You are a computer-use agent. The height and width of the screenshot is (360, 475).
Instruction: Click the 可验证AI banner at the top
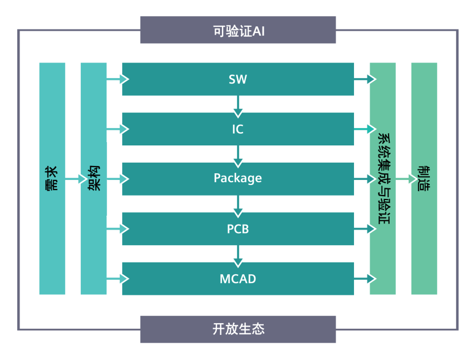click(238, 30)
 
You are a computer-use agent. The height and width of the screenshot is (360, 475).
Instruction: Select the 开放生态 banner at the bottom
click(238, 329)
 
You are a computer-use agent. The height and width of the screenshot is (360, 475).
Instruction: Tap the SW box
click(238, 79)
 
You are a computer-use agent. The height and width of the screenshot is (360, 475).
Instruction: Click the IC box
click(238, 129)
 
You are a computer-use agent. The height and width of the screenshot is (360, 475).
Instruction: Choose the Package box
click(238, 178)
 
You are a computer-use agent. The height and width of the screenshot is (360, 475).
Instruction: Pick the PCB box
click(238, 228)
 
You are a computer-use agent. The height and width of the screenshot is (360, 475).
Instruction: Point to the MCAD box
click(238, 278)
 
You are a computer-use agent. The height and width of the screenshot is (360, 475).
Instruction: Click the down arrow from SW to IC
click(238, 105)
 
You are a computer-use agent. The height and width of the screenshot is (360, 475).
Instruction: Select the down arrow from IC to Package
click(238, 154)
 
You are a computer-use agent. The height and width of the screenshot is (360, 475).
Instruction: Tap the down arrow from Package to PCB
click(238, 205)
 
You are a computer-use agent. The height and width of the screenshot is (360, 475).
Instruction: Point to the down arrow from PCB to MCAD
click(238, 254)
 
